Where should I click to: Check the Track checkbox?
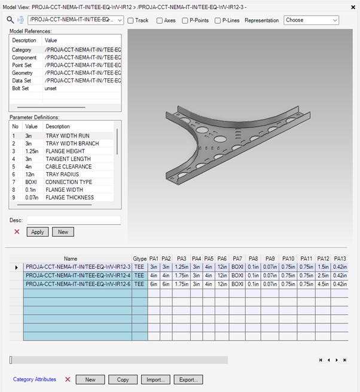pos(131,20)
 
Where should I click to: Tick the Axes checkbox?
pos(160,20)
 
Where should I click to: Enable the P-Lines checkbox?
pos(217,20)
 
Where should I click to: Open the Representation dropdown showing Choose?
pos(311,20)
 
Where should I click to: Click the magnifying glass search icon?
pos(10,20)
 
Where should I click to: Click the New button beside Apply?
pos(63,232)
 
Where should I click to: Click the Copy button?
pos(123,379)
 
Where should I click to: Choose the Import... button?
pos(155,379)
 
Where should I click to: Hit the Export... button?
pos(188,379)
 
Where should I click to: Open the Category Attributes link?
pos(35,379)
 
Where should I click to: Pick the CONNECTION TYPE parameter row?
pos(69,182)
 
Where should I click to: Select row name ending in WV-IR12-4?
pos(78,275)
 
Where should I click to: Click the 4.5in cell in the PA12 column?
pos(324,284)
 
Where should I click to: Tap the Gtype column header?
pos(139,259)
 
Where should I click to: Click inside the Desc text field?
pos(74,220)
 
